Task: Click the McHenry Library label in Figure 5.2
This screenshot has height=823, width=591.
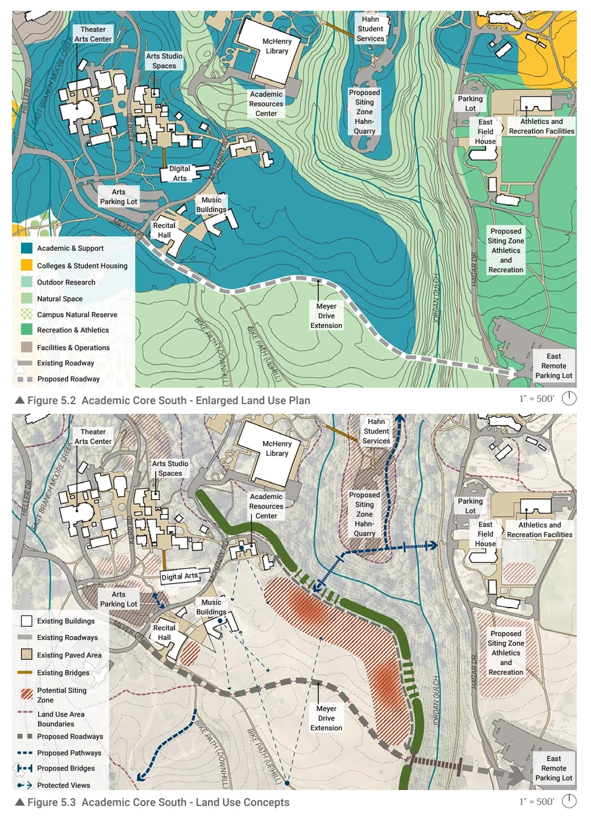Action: point(277,46)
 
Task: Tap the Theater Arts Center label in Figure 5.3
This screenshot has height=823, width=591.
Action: point(93,437)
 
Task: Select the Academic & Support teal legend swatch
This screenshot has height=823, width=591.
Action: point(27,248)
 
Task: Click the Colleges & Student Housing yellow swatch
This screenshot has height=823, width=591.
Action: point(27,265)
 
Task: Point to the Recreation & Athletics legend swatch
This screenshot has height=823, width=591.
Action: point(27,330)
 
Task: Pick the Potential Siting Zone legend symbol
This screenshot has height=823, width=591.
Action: point(27,694)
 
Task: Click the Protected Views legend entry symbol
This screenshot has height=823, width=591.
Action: point(24,785)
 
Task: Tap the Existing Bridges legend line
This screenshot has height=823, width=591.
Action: point(24,673)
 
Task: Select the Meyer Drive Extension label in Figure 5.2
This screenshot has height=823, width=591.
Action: point(326,316)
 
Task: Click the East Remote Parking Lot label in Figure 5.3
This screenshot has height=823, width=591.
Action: point(553,768)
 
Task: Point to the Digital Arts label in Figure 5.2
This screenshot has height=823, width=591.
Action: point(180,173)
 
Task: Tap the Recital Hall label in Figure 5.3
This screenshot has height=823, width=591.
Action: point(164,633)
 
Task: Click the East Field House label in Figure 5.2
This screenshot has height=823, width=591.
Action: point(485,132)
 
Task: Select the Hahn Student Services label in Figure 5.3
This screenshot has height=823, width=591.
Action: point(376,431)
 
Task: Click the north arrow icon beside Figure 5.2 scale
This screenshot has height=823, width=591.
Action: point(569,398)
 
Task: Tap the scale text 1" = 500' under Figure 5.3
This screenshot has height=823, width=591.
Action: point(536,801)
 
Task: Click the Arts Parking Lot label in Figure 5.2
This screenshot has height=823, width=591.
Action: point(118,197)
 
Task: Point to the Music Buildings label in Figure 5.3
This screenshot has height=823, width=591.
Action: point(211,607)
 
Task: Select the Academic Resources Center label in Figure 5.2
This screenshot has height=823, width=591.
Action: point(266,104)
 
